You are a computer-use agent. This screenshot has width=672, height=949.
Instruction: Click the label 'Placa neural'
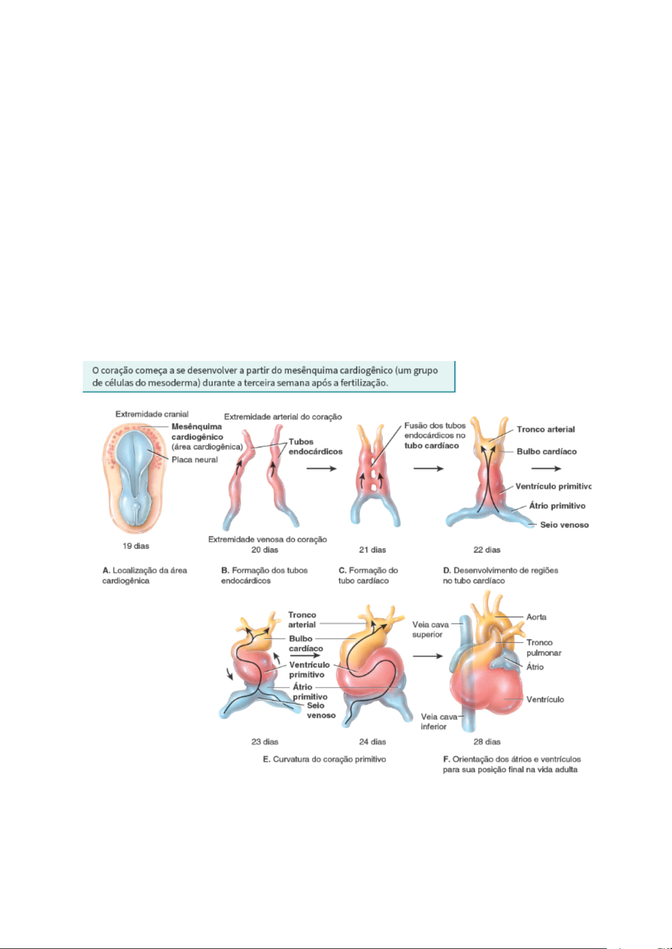(x=194, y=460)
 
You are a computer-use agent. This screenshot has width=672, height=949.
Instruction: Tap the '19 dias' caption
(x=136, y=546)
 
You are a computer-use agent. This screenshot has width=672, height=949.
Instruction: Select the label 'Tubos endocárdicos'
(x=315, y=447)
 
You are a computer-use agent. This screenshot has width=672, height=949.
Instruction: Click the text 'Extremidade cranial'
(x=152, y=414)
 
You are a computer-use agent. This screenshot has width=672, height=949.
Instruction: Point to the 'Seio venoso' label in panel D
(x=564, y=525)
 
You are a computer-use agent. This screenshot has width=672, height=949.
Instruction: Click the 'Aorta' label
(x=536, y=617)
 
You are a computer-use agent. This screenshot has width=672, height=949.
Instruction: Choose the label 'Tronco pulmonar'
(x=544, y=648)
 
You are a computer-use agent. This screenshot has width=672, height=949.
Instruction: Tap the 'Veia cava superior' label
(x=430, y=630)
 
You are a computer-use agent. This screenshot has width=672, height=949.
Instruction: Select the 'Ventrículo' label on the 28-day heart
(x=545, y=700)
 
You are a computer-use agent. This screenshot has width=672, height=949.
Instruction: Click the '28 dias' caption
(x=487, y=742)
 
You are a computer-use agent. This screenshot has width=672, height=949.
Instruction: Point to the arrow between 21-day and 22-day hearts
(x=428, y=469)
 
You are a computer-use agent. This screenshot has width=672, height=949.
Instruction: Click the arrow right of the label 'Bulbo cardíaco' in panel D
(x=546, y=469)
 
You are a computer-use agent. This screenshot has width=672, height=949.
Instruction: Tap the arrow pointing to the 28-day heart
(x=428, y=656)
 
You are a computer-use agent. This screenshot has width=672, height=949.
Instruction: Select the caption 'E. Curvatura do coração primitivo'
(x=324, y=759)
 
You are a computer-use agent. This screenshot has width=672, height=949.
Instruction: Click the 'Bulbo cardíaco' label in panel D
(x=546, y=451)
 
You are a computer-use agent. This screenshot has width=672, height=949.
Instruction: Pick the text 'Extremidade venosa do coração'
(x=268, y=539)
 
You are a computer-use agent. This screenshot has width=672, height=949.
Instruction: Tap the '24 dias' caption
(x=372, y=742)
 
